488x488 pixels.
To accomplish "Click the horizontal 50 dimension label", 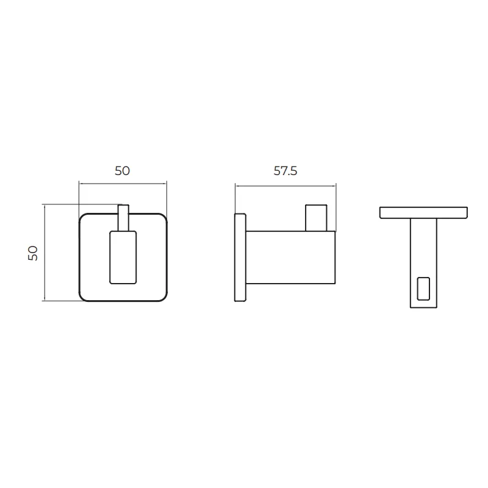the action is [x=122, y=171].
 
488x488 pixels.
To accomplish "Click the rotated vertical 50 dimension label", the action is [x=33, y=253].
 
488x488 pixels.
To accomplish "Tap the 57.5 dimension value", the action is [x=285, y=171].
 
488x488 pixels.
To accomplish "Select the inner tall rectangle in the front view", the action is [x=123, y=257].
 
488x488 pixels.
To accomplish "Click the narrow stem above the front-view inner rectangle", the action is [x=123, y=218].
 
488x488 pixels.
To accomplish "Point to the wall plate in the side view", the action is [x=240, y=257].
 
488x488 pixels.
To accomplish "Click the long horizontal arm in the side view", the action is [x=290, y=257].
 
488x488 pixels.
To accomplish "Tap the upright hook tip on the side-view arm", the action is [x=316, y=218].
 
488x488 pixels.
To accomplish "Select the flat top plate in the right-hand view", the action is [x=423, y=212].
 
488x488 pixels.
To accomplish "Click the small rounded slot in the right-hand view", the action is [x=423, y=289].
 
